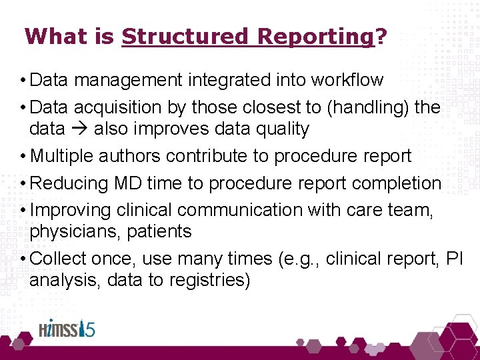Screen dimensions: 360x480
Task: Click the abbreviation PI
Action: click(x=454, y=259)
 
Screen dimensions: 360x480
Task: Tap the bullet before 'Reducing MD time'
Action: click(x=23, y=183)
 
